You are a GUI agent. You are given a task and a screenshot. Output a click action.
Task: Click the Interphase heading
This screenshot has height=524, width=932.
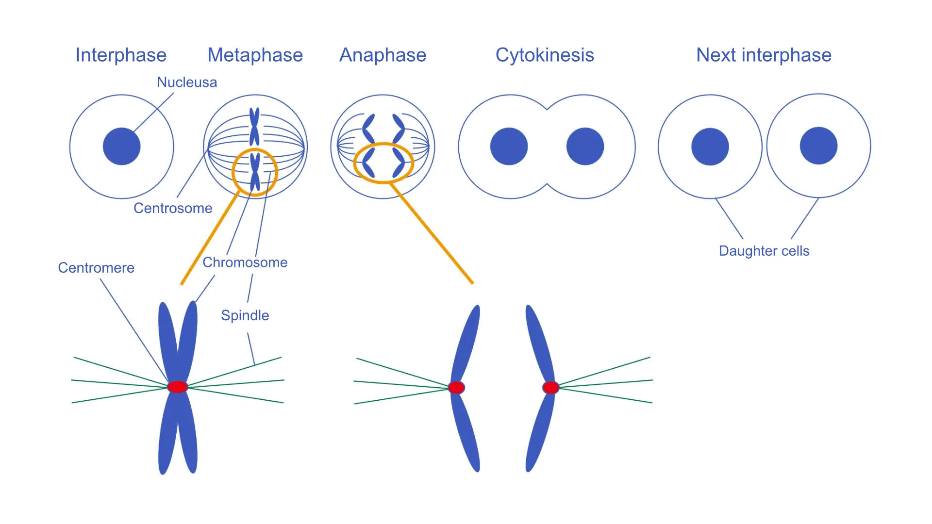[x=121, y=55]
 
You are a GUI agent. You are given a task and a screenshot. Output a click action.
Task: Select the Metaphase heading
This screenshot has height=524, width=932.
[x=255, y=55]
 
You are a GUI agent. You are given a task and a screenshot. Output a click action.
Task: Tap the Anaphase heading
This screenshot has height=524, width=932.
[x=383, y=55]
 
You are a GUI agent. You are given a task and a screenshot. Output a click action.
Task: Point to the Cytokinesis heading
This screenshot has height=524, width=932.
[x=545, y=55]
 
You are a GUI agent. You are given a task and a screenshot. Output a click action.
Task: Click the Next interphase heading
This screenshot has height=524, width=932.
[x=764, y=55]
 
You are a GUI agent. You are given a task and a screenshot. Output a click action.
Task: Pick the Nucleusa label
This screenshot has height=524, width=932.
[x=187, y=82]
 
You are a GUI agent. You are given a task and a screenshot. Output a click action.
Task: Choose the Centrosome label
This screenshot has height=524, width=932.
[x=173, y=208]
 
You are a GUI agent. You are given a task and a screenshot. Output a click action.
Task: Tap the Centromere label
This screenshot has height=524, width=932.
[x=96, y=268]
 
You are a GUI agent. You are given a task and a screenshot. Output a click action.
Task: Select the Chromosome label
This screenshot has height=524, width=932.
[x=245, y=262]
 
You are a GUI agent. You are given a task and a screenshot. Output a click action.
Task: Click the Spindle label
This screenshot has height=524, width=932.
[x=245, y=315]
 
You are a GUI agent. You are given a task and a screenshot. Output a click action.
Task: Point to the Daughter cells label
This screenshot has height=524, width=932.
[x=764, y=251]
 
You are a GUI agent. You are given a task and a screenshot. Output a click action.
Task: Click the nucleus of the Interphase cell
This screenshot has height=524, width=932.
[x=121, y=147]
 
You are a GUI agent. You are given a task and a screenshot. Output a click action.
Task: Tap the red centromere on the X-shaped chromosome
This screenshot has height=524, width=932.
[x=178, y=387]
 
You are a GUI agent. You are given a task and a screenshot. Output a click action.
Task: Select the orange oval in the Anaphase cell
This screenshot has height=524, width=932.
[x=355, y=163]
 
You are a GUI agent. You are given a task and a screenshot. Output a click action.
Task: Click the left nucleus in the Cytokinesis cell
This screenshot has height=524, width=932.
[x=509, y=147]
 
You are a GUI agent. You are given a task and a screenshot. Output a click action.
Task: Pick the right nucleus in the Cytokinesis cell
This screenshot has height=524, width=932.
[x=585, y=147]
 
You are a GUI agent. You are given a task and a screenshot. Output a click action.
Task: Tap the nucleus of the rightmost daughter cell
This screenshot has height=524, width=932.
[x=818, y=146]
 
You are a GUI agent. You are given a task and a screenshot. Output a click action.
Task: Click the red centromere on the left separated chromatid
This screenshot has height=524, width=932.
[x=456, y=388]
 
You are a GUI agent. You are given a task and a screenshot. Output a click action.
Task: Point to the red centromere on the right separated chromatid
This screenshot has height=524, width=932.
[x=550, y=388]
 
